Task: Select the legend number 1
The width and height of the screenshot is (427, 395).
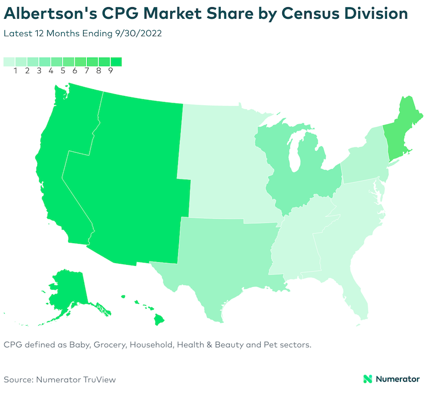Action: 16,71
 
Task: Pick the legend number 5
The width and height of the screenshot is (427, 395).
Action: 63,71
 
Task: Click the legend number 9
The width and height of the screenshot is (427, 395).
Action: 110,71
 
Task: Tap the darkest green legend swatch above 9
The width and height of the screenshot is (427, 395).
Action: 116,61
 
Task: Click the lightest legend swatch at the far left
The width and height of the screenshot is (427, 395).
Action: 9,61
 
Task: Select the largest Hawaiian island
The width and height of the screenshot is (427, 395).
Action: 160,319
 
